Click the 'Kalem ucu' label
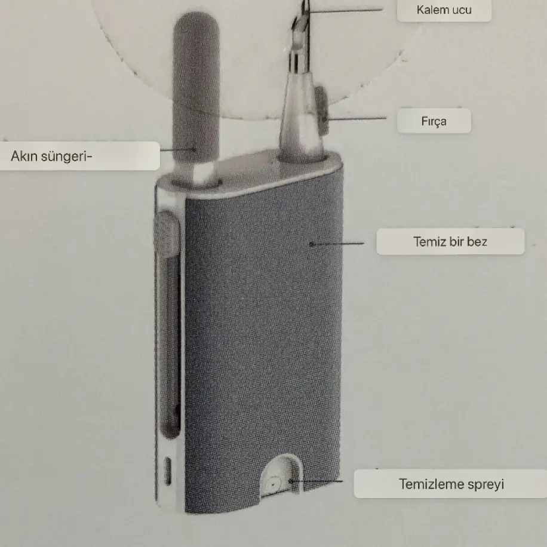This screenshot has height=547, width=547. coord(444,10)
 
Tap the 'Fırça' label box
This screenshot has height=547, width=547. coord(434,122)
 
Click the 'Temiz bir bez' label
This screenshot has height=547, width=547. coord(450,242)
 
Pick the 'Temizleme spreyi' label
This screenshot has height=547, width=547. coord(451,484)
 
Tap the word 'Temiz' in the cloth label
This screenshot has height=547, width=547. coord(428,242)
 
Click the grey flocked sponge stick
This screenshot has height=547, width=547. coord(196,90)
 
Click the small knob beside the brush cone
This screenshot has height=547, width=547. coord(323,105)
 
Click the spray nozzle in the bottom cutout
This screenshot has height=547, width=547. coord(273,484)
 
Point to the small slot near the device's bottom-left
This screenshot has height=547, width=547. coord(168,471)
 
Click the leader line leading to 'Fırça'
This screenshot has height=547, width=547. coord(358,118)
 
